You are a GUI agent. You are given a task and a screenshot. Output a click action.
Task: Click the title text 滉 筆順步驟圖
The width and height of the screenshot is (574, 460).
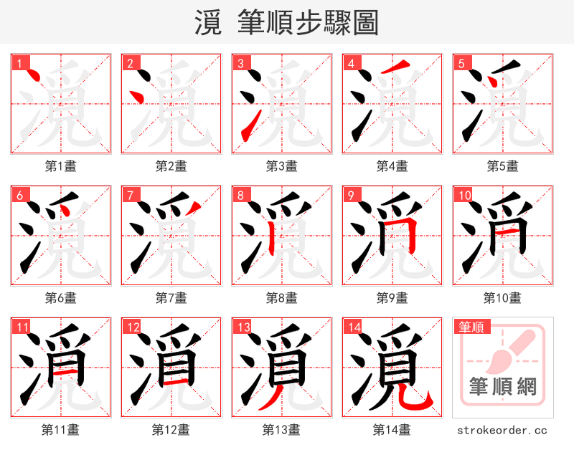pyautogui.click(x=286, y=22)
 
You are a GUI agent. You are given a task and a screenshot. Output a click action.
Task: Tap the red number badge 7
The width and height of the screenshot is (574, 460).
pyautogui.click(x=130, y=196)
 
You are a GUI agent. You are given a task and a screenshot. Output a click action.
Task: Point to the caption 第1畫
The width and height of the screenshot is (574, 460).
pyautogui.click(x=60, y=166)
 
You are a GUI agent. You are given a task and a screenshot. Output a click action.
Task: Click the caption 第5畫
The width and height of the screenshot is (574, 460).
pyautogui.click(x=502, y=166)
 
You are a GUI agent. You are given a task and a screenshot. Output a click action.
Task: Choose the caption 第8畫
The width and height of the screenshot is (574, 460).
pyautogui.click(x=281, y=297)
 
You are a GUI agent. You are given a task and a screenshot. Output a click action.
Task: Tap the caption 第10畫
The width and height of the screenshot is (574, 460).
pyautogui.click(x=502, y=297)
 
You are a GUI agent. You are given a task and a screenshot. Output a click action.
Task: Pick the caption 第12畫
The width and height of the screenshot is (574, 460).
pyautogui.click(x=171, y=430)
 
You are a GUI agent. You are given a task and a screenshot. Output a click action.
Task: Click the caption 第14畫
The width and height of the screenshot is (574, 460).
pyautogui.click(x=392, y=430)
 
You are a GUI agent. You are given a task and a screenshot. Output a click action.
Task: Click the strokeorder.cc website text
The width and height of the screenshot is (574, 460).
pyautogui.click(x=502, y=430)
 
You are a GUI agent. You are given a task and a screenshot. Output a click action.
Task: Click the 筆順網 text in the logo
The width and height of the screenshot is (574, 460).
pyautogui.click(x=502, y=387)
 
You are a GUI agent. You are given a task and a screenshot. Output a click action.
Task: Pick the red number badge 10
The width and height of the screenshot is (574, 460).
pyautogui.click(x=464, y=196)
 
